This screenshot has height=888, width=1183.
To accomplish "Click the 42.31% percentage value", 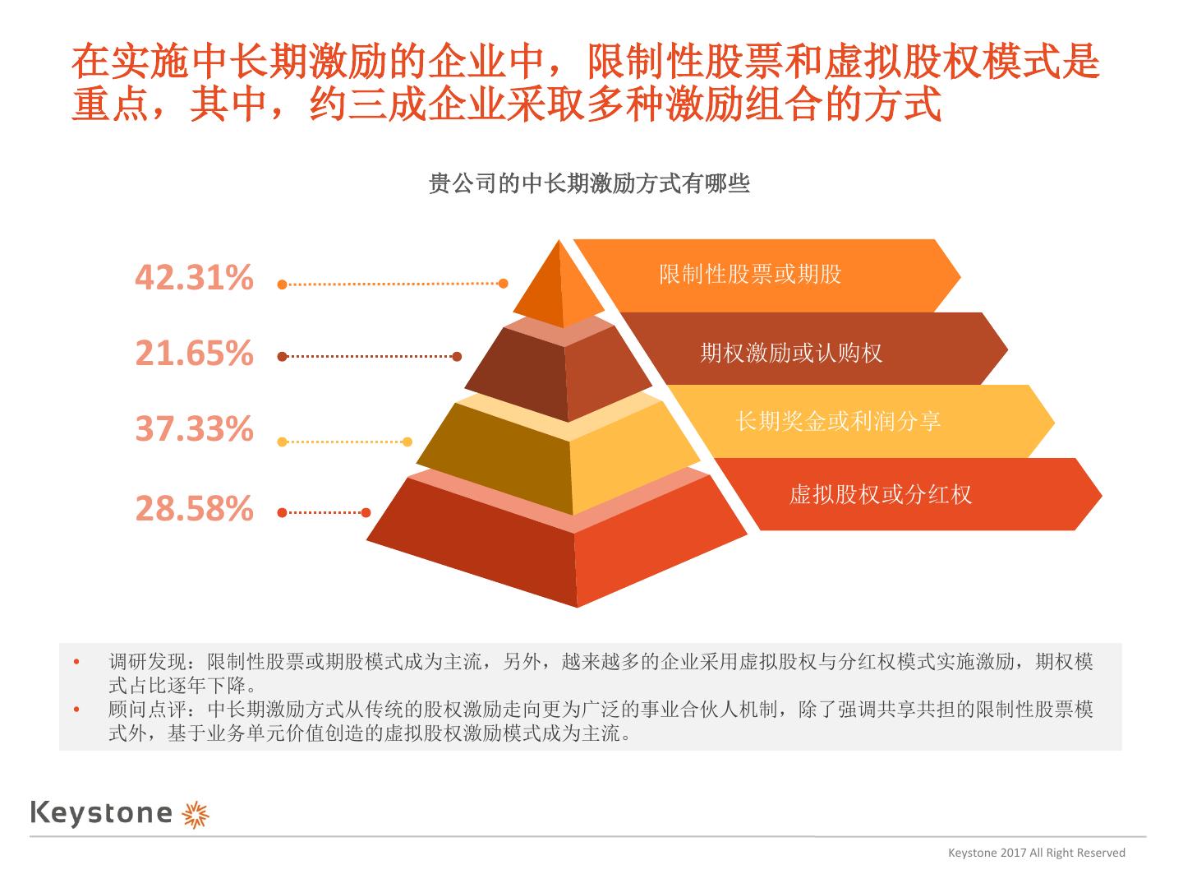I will tap(194, 278).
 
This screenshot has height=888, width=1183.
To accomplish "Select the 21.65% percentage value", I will tap(194, 354).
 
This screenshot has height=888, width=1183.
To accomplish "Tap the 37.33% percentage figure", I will tap(194, 429).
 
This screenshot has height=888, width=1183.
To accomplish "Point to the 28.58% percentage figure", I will tap(194, 509).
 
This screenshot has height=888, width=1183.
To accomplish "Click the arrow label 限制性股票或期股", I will tap(750, 275).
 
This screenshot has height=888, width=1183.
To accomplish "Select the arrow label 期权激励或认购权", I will tap(791, 354).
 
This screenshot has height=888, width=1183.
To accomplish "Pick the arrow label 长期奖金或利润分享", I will tap(838, 422).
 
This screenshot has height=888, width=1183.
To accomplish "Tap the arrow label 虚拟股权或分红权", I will tap(880, 494).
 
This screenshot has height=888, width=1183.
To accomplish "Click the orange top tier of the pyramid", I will tap(562, 288).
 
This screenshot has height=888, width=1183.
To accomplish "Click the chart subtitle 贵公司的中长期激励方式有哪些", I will tap(589, 183).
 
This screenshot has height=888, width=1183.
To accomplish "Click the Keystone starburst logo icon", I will tap(196, 813).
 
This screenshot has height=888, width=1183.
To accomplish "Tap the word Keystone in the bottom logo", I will tap(101, 813).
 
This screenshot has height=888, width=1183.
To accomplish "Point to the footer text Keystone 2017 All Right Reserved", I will tap(1037, 853).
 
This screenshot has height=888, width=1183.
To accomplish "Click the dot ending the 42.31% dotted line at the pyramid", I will tap(504, 284).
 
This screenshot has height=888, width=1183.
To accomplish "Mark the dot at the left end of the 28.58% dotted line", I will tap(282, 512).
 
